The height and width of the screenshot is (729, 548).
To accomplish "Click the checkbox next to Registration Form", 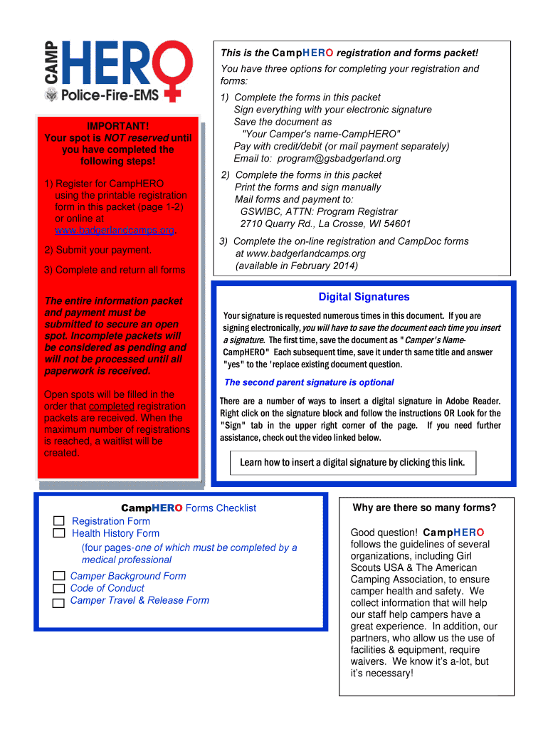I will pos(59,521).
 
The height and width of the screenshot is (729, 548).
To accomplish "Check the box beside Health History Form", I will pos(59,533).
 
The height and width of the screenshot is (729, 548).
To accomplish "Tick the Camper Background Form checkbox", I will pos(58,576).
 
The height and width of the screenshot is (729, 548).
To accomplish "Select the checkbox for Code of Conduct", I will pos(58,589).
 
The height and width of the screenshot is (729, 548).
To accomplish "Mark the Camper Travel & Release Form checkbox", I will pos(58,602).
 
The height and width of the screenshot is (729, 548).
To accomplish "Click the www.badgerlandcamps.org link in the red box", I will pos(115,231).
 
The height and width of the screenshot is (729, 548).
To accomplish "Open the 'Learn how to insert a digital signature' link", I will pos(352,463).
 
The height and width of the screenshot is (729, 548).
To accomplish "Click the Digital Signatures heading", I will pos(364,297).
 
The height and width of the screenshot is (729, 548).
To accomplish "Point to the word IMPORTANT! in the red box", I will pos(118,126).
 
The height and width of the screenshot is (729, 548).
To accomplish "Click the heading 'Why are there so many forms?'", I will pos(424,508).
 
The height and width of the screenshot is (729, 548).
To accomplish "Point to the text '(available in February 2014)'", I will pos(297,266).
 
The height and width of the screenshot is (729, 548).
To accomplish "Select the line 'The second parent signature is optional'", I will pos(309,382).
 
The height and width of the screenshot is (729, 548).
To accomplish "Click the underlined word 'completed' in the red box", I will pos(111,407).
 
